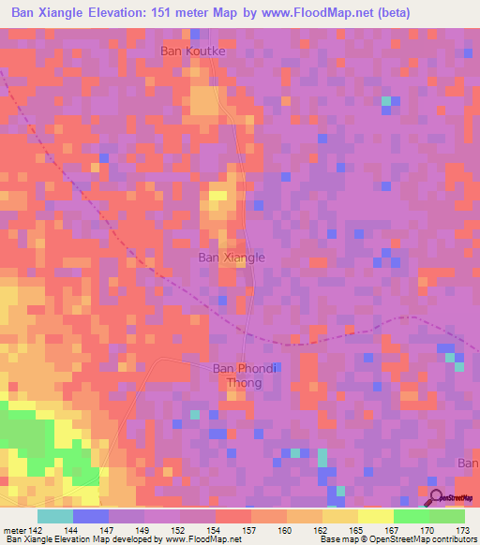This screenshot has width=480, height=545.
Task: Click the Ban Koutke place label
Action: (x=194, y=52)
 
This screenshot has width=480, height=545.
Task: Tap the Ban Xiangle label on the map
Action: (x=232, y=257)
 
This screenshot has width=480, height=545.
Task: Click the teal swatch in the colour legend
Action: (x=54, y=516)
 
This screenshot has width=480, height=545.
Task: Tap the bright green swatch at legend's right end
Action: (x=446, y=516)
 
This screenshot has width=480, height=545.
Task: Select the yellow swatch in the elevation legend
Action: (x=375, y=516)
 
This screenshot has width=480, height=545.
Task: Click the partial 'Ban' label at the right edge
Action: (x=468, y=464)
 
